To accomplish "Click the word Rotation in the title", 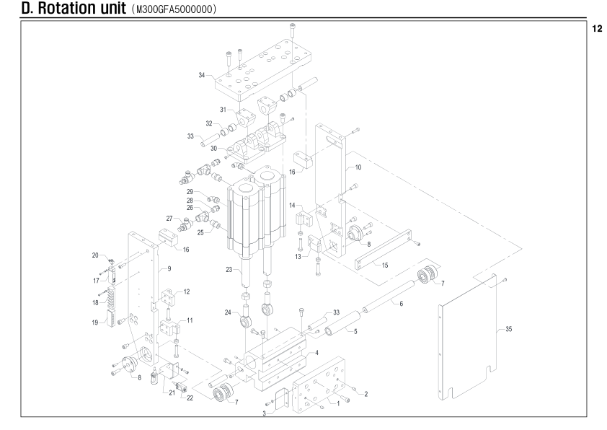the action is [x=81, y=8].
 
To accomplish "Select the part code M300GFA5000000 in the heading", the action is [x=174, y=9].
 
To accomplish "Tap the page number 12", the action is [x=597, y=29].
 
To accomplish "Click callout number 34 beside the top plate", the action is [x=202, y=75].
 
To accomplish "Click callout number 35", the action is [x=509, y=329].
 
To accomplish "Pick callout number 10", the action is [x=358, y=167].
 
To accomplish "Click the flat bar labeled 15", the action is [x=384, y=250].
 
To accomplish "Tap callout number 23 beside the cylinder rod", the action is [x=229, y=270].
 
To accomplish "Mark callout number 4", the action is [x=316, y=353].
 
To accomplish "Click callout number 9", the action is [x=169, y=268].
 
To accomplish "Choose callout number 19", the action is [x=95, y=322].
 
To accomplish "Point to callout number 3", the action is [x=264, y=413].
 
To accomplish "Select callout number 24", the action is [x=228, y=312].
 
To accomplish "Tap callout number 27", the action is [x=169, y=219].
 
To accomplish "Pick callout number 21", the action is [x=172, y=392].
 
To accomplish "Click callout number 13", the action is [x=298, y=256].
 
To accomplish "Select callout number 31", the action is [x=223, y=110].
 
